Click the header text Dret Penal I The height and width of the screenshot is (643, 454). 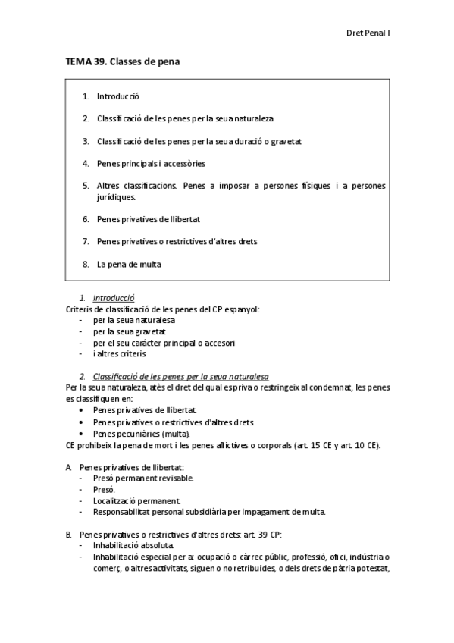[368, 33]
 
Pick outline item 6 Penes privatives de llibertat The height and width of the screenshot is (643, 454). [148, 219]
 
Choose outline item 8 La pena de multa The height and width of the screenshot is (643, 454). [129, 264]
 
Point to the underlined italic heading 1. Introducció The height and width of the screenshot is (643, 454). [113, 299]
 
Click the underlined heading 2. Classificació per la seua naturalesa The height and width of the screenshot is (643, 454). [180, 377]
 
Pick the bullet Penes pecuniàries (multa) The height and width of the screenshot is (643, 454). [141, 433]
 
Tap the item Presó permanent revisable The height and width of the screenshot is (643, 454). [143, 478]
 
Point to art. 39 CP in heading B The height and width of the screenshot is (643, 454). [261, 534]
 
